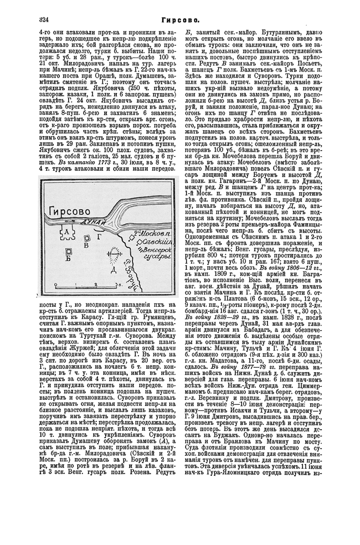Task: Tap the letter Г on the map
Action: click(97, 236)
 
